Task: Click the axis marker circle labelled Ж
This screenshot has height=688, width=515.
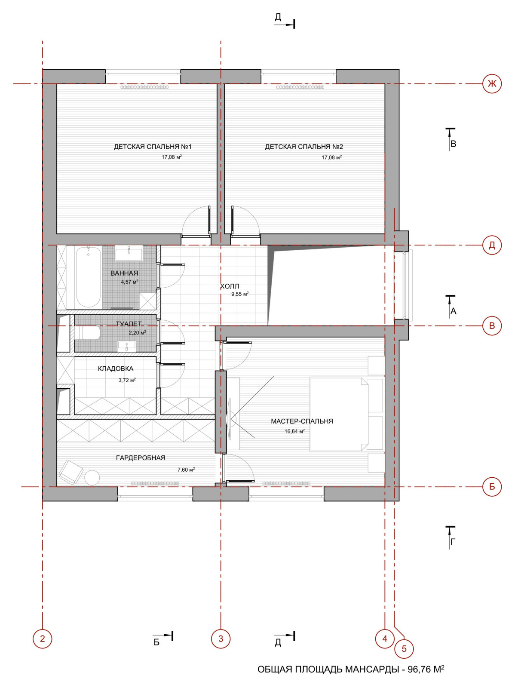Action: click(x=492, y=84)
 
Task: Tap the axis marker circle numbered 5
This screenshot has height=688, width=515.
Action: click(x=404, y=648)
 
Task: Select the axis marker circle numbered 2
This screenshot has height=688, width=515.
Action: click(x=42, y=639)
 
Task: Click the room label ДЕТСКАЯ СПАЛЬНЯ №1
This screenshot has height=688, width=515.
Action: click(x=153, y=147)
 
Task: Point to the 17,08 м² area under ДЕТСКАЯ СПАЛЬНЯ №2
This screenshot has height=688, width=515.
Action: click(x=331, y=157)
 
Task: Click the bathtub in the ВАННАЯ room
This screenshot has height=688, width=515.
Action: click(x=88, y=277)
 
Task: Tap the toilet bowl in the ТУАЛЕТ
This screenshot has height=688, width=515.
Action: click(x=87, y=333)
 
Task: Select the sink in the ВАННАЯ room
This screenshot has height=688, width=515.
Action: click(x=129, y=254)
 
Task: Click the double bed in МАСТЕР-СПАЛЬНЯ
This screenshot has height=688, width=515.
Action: click(x=346, y=415)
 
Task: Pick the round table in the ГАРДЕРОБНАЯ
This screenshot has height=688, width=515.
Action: click(x=92, y=478)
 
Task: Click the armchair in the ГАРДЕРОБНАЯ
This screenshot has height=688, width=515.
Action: click(x=71, y=472)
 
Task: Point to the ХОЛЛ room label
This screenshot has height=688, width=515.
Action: click(x=230, y=286)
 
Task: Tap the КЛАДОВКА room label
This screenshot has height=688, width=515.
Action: click(x=116, y=369)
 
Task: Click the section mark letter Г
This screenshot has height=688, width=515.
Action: click(x=453, y=542)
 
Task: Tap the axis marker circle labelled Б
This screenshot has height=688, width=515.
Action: click(x=492, y=487)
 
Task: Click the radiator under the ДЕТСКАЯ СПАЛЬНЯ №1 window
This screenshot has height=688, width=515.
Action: click(x=145, y=87)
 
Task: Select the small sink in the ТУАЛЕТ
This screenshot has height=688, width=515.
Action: click(x=126, y=346)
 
